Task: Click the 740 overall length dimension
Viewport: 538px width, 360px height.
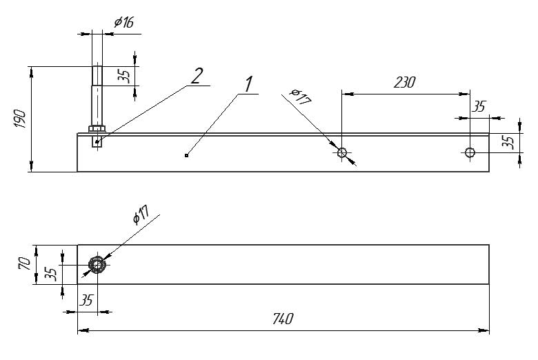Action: tap(283, 319)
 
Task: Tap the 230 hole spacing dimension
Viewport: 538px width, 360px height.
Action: tap(404, 82)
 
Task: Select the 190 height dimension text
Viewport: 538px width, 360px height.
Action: tap(20, 119)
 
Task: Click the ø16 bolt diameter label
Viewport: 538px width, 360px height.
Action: tap(124, 22)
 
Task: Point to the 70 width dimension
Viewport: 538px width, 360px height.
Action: tap(25, 264)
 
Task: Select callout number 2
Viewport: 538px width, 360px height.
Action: tap(197, 76)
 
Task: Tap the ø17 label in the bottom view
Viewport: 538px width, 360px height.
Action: tap(141, 215)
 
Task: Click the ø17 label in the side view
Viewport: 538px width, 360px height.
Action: tap(300, 97)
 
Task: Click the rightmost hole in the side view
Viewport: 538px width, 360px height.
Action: tap(470, 152)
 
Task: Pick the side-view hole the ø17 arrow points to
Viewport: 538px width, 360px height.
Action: tap(342, 152)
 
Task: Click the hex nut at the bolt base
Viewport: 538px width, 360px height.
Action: tap(97, 129)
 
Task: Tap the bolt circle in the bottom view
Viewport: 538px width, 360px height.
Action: tap(97, 265)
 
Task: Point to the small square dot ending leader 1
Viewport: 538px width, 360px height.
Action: tap(187, 155)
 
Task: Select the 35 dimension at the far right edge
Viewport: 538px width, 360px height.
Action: tap(510, 142)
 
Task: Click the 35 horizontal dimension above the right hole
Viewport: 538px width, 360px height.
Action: tap(479, 107)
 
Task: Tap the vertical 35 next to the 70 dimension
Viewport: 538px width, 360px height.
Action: tap(51, 274)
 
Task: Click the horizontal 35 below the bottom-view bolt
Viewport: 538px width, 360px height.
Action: tap(86, 300)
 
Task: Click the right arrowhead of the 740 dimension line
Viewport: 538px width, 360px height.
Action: tap(484, 330)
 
